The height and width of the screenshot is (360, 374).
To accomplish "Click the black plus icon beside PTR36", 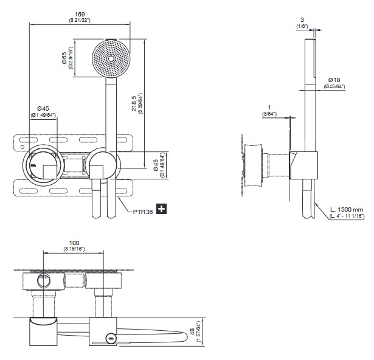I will [x=162, y=209].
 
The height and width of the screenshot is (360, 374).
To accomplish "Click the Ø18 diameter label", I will [x=334, y=80].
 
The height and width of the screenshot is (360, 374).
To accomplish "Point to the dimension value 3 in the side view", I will [x=302, y=20].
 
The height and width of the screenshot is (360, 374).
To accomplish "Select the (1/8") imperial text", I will [x=302, y=27].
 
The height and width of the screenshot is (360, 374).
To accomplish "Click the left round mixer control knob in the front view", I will [x=44, y=163].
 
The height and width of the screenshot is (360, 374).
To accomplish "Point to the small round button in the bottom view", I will [x=110, y=337].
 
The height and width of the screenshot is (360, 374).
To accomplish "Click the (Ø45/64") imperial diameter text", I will [x=334, y=86].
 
